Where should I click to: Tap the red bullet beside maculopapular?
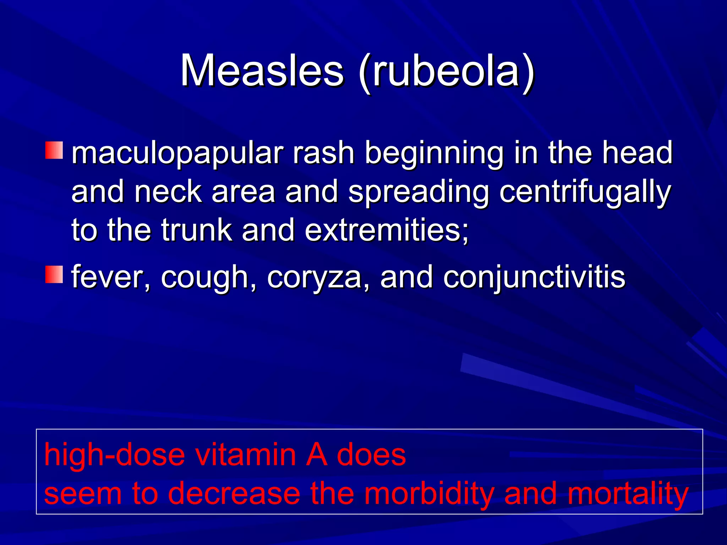54,150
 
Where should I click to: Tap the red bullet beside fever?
54,274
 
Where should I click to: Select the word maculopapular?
177,153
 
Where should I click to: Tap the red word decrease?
234,494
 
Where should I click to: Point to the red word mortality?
628,494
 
